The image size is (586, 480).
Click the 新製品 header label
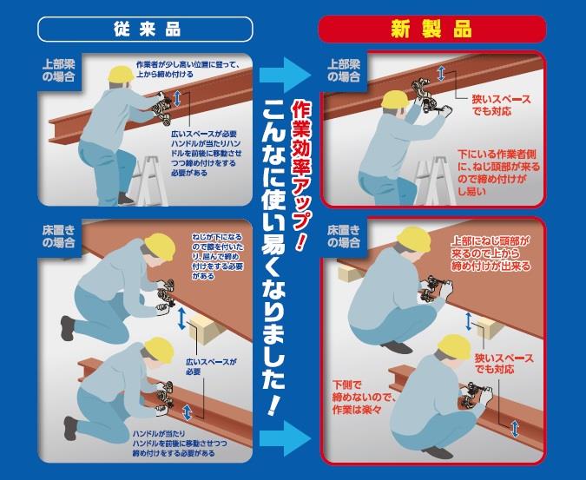click(432, 30)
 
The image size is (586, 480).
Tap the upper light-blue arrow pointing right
click(286, 75)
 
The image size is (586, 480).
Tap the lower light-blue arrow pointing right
click(286, 438)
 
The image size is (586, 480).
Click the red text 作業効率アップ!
click(301, 175)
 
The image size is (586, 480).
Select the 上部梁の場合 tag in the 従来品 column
click(59, 70)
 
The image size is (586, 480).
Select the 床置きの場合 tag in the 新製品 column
click(344, 236)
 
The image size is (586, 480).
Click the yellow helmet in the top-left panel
click(121, 74)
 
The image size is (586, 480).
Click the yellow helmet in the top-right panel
click(395, 100)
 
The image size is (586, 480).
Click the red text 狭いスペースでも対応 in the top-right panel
click(501, 105)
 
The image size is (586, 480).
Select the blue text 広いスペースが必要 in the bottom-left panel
click(212, 366)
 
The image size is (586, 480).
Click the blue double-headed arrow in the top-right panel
click(441, 74)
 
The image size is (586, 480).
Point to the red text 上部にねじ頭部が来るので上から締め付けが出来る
click(491, 253)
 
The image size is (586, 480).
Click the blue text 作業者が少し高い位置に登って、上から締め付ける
click(188, 69)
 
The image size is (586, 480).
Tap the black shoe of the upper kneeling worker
click(68, 327)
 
